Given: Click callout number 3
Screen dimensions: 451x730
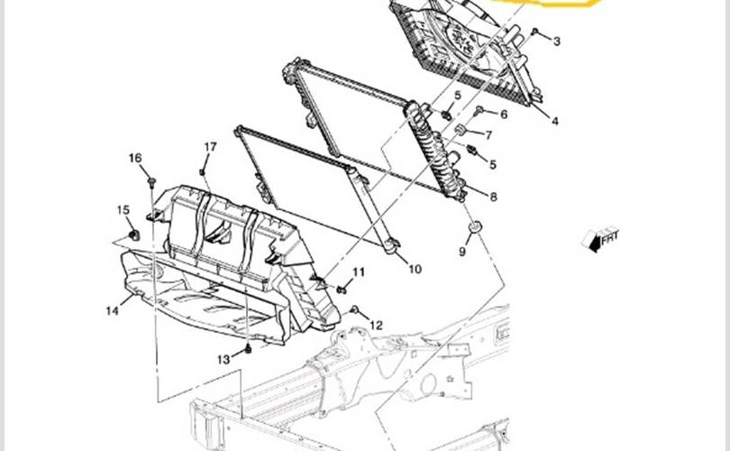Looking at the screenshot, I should click(556, 41).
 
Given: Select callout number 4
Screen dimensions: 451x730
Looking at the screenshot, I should click(555, 121).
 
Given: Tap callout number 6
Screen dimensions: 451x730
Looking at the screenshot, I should click(503, 115).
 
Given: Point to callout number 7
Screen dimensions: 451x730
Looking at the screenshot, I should click(488, 135).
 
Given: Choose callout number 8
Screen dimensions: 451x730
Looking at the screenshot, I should click(494, 196).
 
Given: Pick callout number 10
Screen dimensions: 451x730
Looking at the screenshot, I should click(415, 269).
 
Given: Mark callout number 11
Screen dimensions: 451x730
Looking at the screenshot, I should click(359, 272).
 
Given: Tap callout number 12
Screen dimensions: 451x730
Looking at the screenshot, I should click(377, 325).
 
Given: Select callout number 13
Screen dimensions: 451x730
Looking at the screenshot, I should click(223, 358).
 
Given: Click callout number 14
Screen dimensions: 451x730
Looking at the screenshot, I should click(112, 311).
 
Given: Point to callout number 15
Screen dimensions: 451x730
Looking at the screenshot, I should click(123, 210).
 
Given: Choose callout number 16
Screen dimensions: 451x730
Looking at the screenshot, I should click(135, 159).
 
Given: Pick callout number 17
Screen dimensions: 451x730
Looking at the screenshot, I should click(210, 147).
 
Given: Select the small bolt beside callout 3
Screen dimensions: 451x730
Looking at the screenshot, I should click(535, 32).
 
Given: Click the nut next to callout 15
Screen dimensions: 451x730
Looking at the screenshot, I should click(135, 235).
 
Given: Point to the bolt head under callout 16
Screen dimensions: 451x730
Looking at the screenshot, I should click(151, 182).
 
